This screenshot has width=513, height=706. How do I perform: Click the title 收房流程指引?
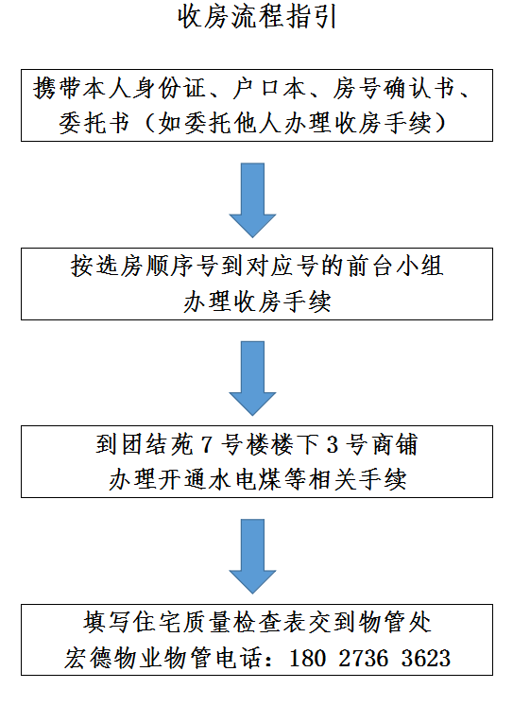pyautogui.click(x=256, y=18)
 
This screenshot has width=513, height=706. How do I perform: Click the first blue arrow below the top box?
pyautogui.click(x=252, y=199)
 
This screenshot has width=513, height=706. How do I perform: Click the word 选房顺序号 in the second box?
pyautogui.click(x=149, y=268)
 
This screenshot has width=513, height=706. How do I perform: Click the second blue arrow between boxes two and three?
pyautogui.click(x=252, y=377)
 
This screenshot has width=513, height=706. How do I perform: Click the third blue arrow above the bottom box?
pyautogui.click(x=252, y=554)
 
